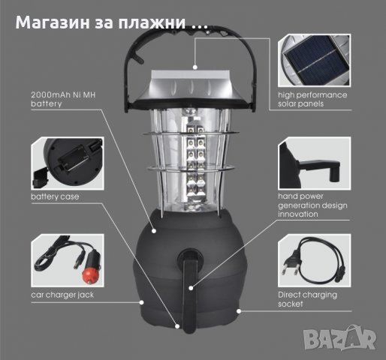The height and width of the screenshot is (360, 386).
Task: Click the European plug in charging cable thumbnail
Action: [x=291, y=256]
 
